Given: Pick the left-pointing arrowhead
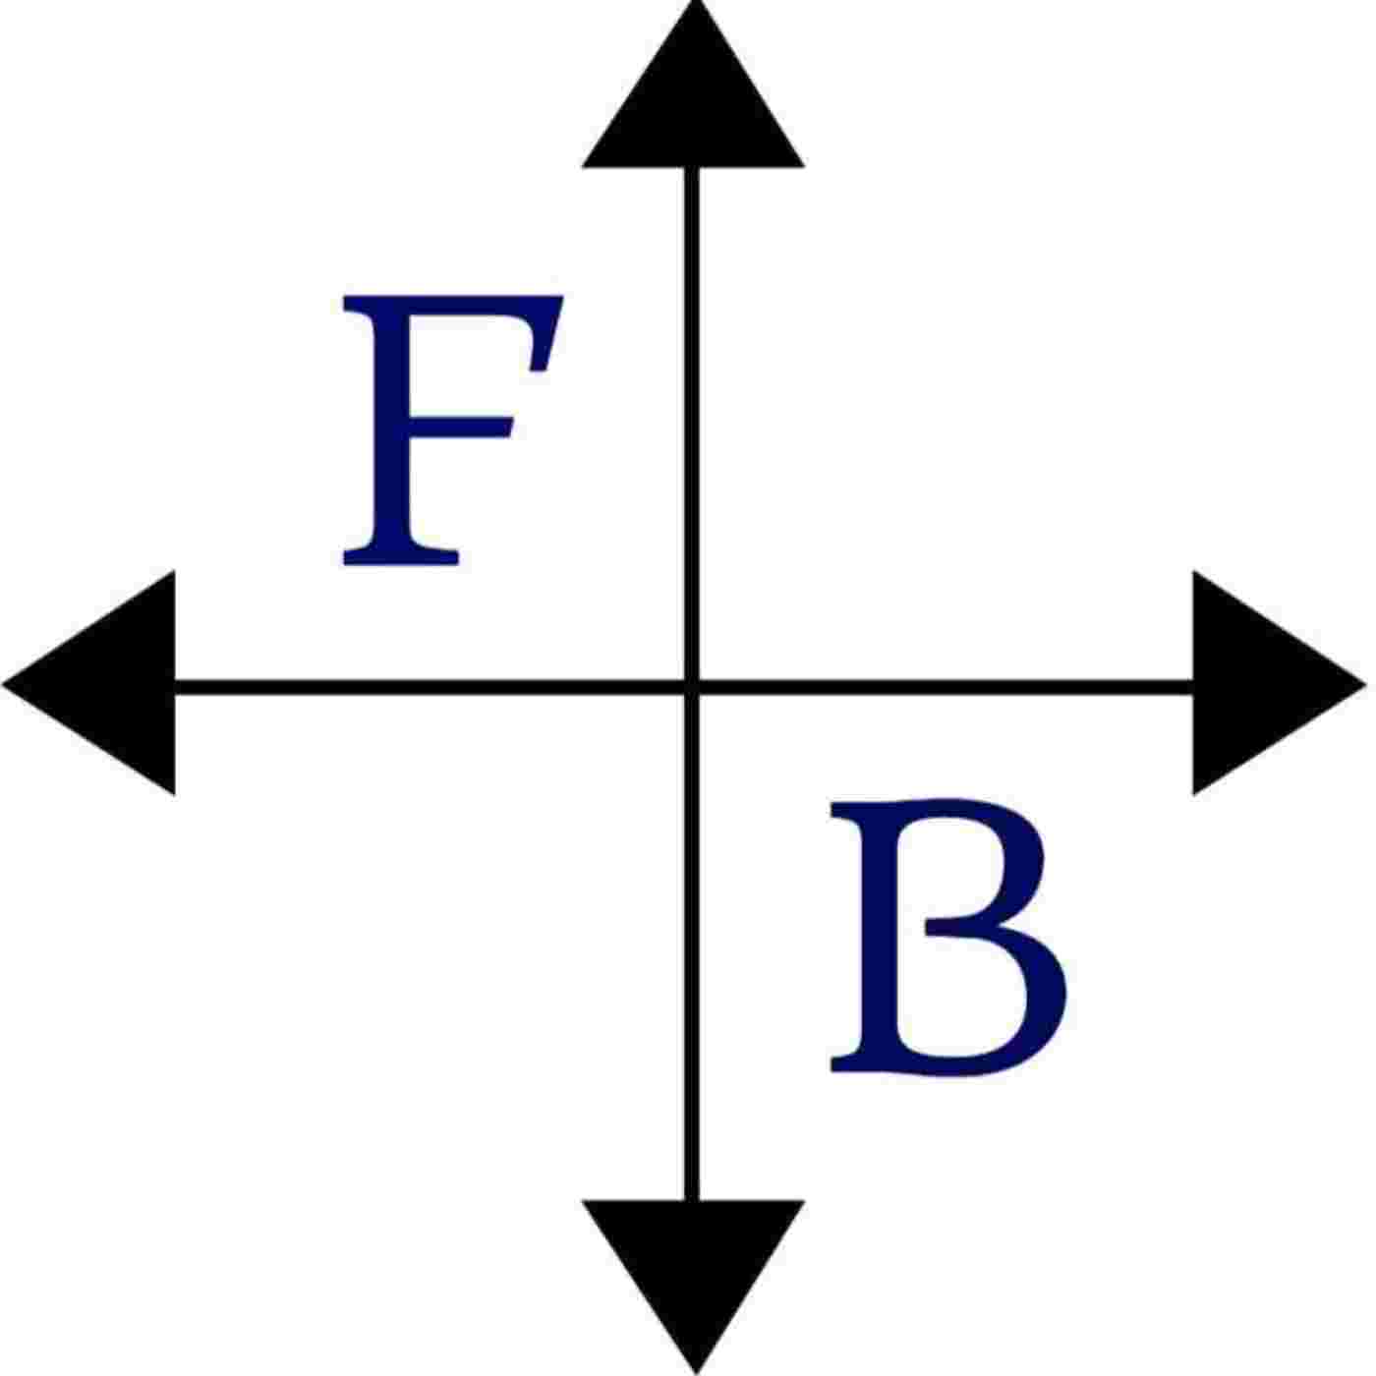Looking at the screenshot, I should pos(108,683).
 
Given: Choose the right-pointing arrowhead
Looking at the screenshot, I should pos(1258,683).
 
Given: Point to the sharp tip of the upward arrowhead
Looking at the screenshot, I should pos(695,4).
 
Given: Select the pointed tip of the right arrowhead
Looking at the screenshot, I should pos(1363,681).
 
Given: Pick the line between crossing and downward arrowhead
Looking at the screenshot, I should pos(694,944).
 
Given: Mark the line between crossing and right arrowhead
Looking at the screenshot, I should pos(944,686).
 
